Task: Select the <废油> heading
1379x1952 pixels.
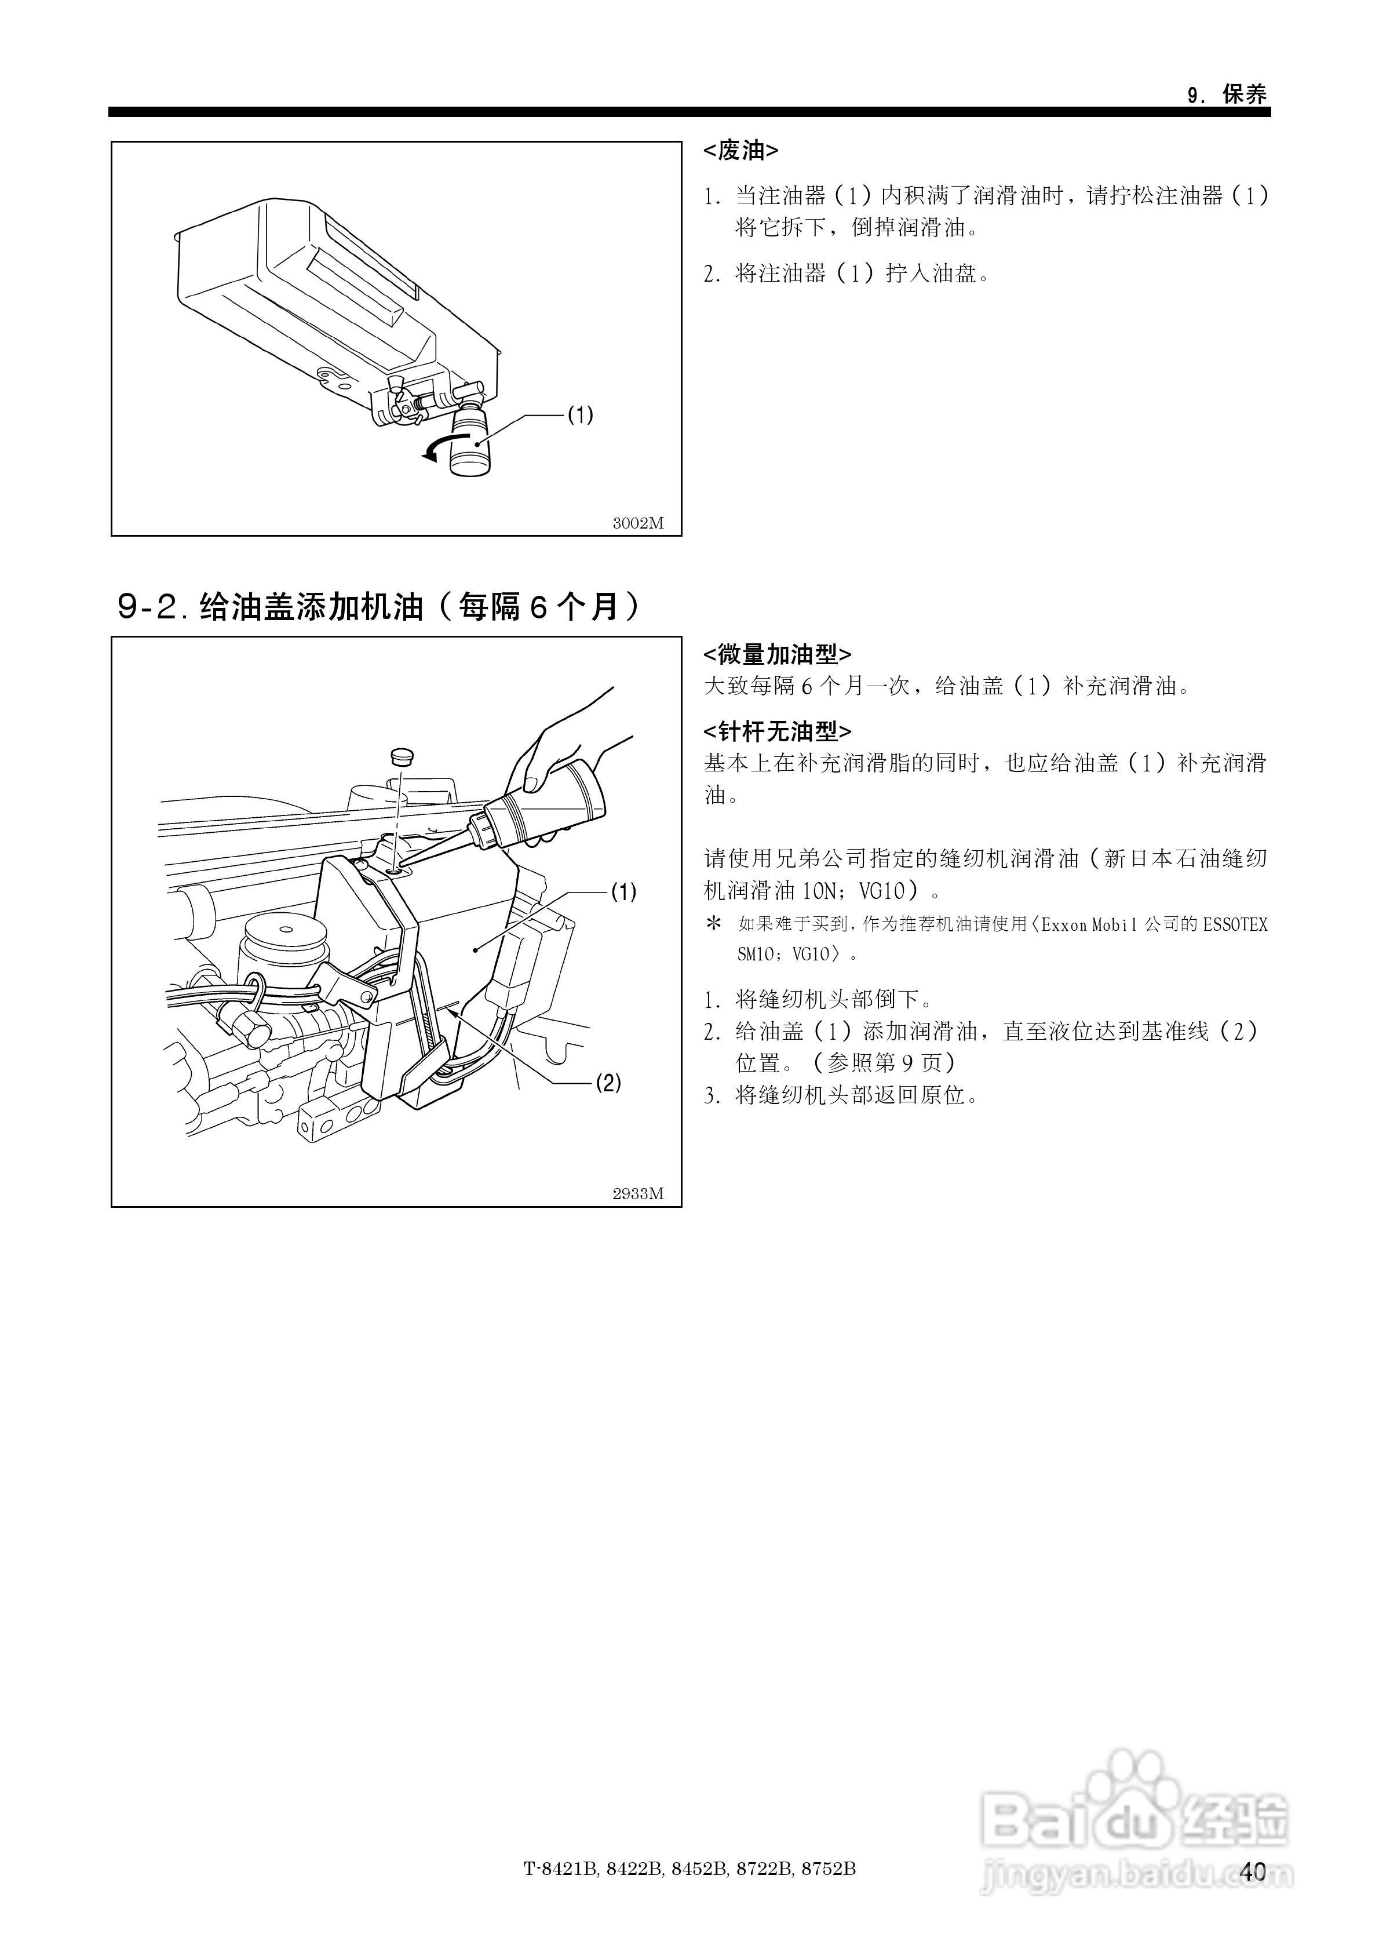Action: tap(740, 151)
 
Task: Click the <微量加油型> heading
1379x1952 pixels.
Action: tap(777, 655)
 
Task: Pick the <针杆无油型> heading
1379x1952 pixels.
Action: tap(777, 731)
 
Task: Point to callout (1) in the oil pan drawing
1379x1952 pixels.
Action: tap(580, 415)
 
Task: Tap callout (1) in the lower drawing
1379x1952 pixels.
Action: tap(623, 892)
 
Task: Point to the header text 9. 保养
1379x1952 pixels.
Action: tap(1227, 95)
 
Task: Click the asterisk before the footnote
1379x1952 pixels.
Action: tap(714, 923)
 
